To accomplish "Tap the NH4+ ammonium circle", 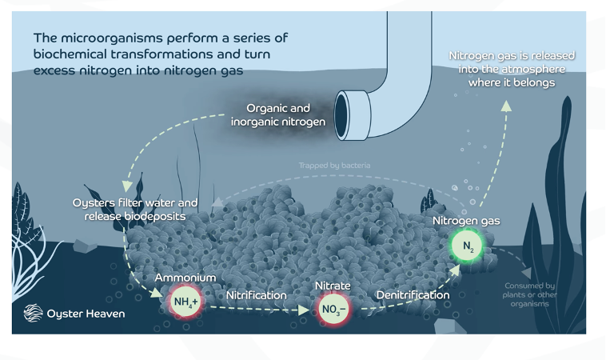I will (186, 302).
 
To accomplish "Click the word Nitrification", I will (256, 295).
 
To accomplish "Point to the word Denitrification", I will (413, 295).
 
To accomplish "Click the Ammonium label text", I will (185, 278).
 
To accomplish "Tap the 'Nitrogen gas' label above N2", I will (467, 220).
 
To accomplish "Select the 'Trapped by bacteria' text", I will (334, 166).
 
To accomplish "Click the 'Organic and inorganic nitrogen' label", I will (285, 114).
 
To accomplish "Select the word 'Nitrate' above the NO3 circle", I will (331, 284).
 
